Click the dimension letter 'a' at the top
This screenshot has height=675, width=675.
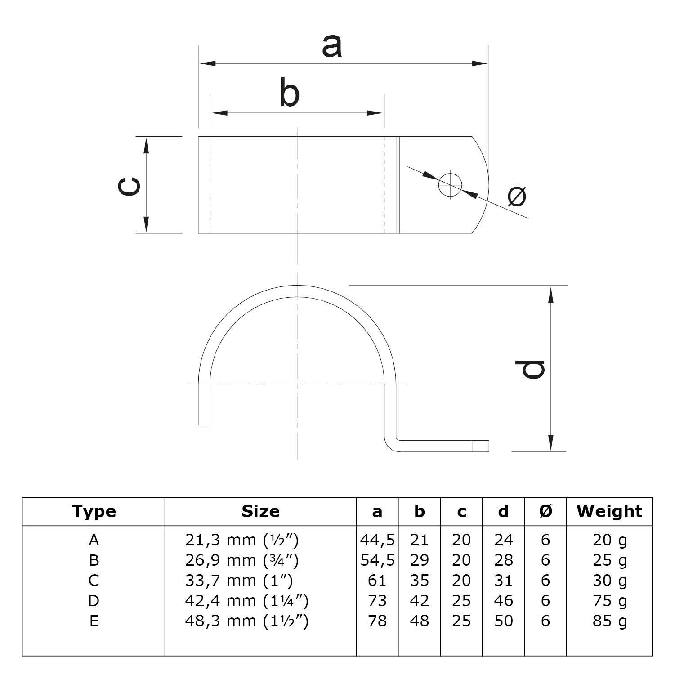tap(332, 46)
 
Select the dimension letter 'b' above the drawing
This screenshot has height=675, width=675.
tap(289, 93)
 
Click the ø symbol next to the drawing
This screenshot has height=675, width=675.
tap(517, 196)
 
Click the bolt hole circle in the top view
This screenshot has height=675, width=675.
tap(450, 184)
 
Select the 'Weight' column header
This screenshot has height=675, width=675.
tap(609, 511)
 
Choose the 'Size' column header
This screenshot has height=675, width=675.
tap(260, 511)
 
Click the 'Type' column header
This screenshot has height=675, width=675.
tap(94, 511)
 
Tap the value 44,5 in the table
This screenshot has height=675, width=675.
tap(377, 540)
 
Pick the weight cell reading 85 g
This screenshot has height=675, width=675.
tap(609, 621)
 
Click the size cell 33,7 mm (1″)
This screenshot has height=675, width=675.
tap(239, 581)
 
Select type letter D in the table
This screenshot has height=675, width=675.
tap(94, 601)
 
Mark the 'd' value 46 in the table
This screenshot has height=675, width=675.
tap(503, 601)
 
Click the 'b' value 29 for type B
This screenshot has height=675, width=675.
tap(419, 560)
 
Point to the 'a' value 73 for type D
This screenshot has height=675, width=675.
tap(377, 601)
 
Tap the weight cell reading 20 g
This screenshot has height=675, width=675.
tap(609, 540)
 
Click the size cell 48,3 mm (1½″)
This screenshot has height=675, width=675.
tap(246, 621)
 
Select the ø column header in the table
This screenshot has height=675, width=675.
tap(545, 511)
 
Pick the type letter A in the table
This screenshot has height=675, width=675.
tap(94, 540)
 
